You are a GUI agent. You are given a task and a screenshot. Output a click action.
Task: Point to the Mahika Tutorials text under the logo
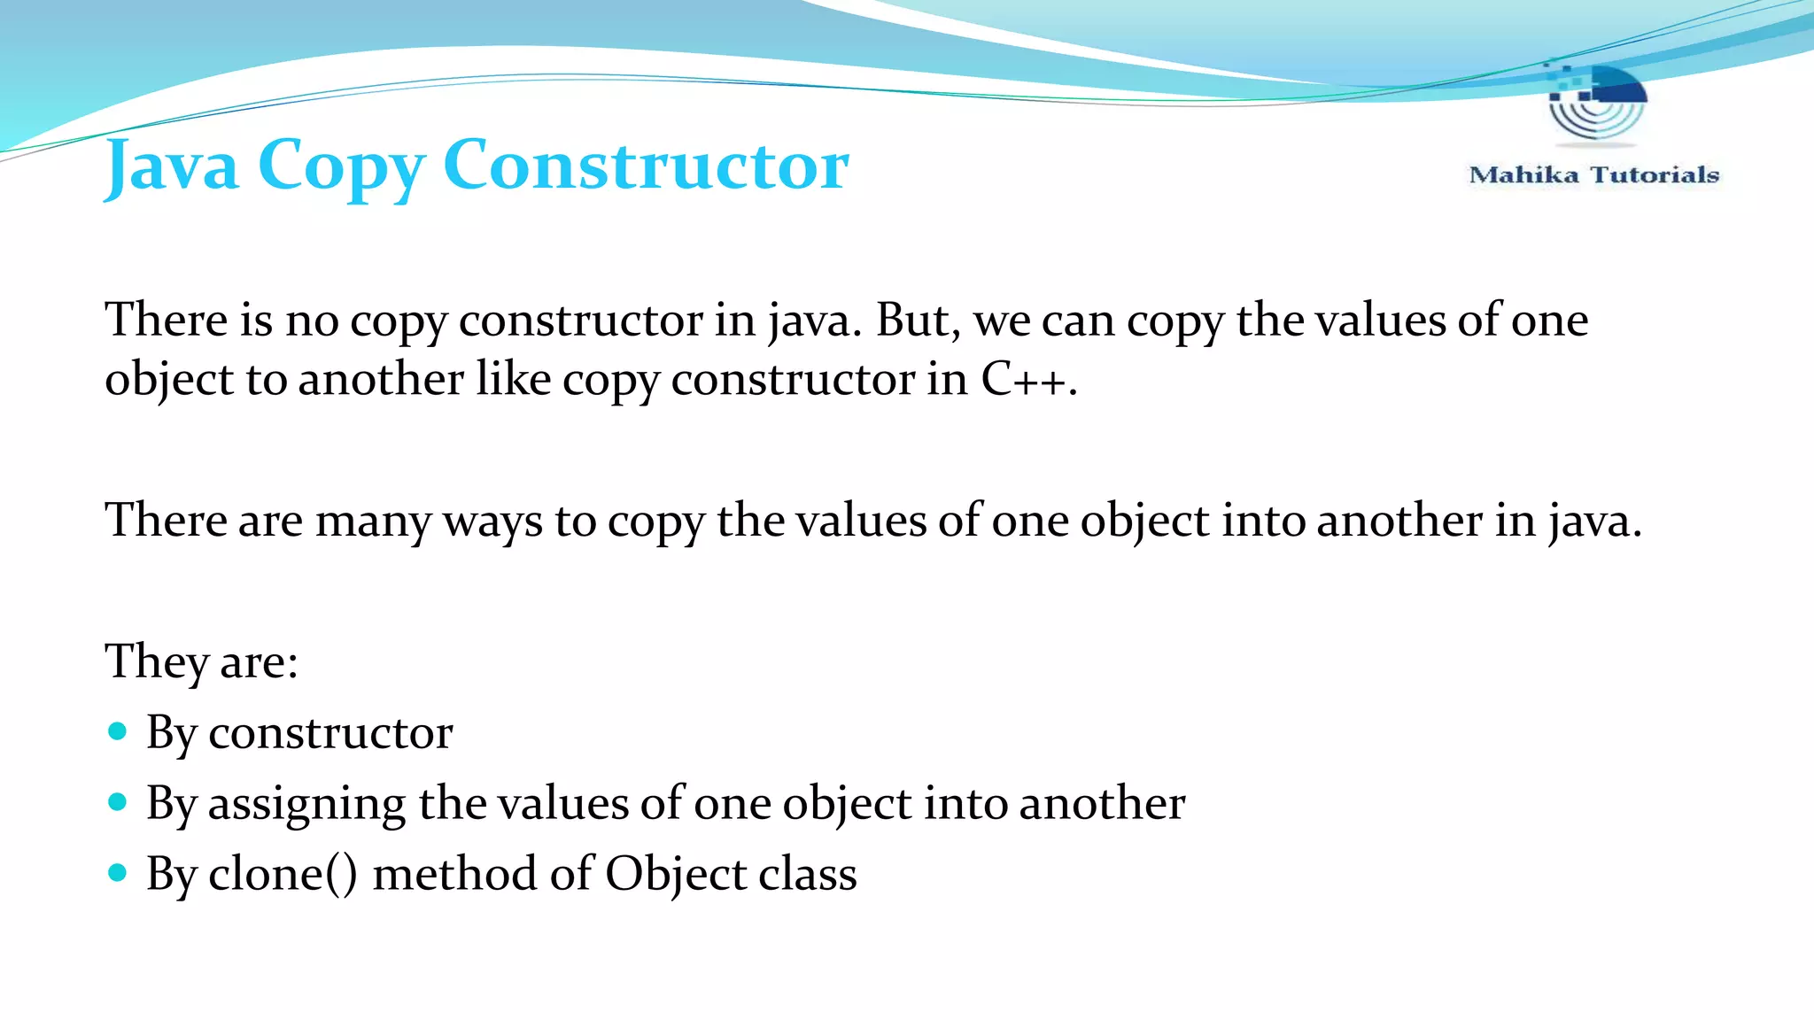pyautogui.click(x=1593, y=174)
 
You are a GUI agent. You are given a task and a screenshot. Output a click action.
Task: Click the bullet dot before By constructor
pyautogui.click(x=117, y=731)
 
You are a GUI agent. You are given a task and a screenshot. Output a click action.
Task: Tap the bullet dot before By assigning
pyautogui.click(x=117, y=802)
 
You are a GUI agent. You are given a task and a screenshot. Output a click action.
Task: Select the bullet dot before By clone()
pyautogui.click(x=117, y=873)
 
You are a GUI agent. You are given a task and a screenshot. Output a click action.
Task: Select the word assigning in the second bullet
pyautogui.click(x=306, y=804)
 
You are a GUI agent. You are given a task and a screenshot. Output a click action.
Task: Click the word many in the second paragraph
pyautogui.click(x=373, y=521)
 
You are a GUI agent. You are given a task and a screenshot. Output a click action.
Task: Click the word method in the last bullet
pyautogui.click(x=454, y=874)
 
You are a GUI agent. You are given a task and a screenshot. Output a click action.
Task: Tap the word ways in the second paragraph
pyautogui.click(x=492, y=521)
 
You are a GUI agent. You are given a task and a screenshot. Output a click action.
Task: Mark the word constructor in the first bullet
pyautogui.click(x=330, y=733)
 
